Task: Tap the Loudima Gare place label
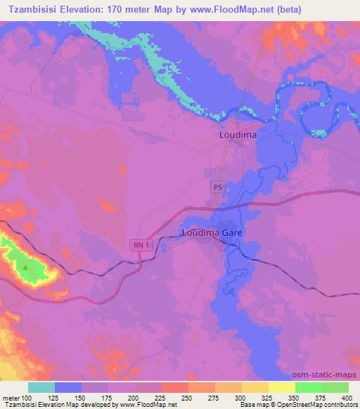tap(211, 232)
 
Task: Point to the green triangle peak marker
tap(26, 267)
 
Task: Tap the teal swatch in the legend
tap(41, 387)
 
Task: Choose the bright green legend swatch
tap(308, 387)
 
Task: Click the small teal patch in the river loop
tap(320, 132)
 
